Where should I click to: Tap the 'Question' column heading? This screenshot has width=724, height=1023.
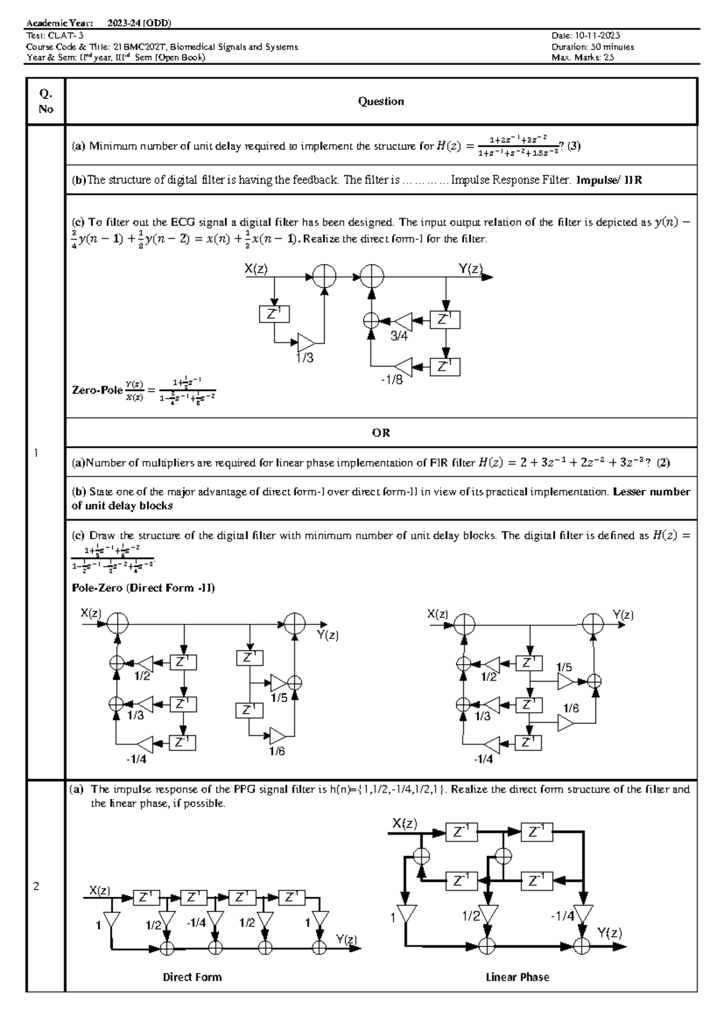coord(381,101)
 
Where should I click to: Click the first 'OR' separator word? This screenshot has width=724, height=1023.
coord(381,432)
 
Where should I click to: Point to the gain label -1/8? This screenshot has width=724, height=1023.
coord(392,380)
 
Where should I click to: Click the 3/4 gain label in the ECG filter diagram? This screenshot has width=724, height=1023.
coord(399,337)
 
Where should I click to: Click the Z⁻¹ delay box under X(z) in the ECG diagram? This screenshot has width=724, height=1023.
coord(274,314)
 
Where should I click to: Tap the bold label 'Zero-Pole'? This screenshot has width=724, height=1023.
coord(97,390)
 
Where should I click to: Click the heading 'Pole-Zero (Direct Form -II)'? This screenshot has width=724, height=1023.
coord(143,588)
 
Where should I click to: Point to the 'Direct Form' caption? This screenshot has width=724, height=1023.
coord(192,977)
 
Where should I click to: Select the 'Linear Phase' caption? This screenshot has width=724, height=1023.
coord(517,977)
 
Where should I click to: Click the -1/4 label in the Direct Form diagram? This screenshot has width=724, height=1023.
coord(196,923)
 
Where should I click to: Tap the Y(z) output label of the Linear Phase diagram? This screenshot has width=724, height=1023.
coord(609,933)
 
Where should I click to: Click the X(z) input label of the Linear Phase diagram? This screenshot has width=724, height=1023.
coord(404,823)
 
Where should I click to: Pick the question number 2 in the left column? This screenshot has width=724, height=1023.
coord(36,887)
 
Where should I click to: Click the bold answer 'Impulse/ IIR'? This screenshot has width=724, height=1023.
coord(609,180)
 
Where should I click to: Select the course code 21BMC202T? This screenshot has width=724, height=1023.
coord(142,47)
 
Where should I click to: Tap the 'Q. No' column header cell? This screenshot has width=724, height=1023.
coord(46,101)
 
